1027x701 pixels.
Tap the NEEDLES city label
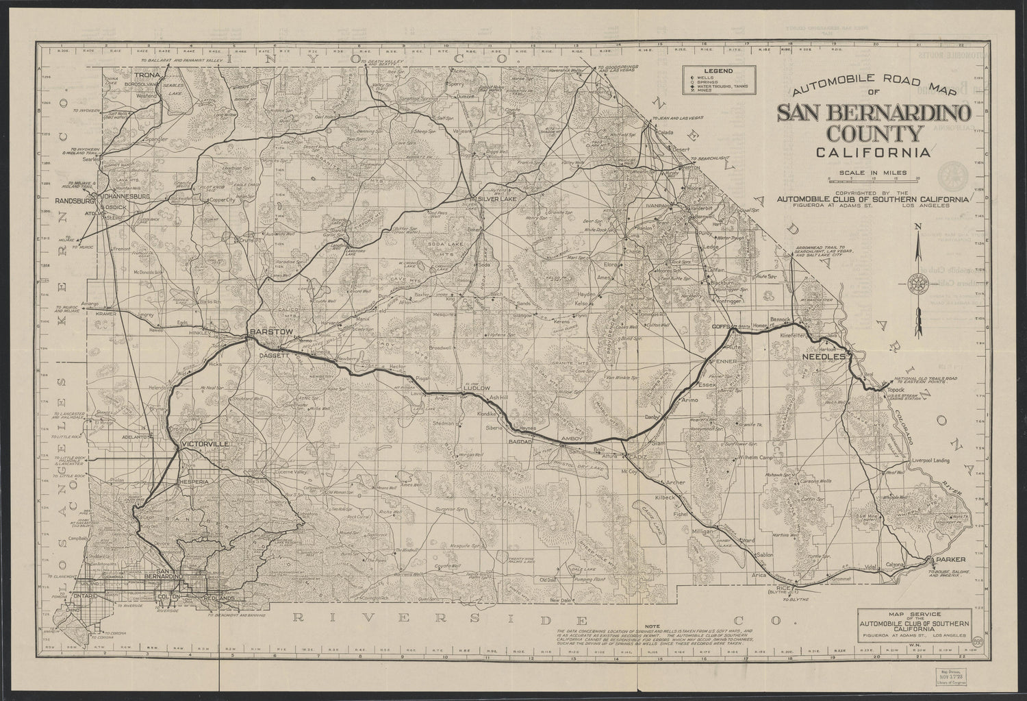[x=828, y=358]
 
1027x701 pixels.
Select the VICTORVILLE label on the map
[x=205, y=445]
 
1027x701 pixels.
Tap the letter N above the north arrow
[x=921, y=228]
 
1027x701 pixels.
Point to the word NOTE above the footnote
[x=652, y=625]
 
